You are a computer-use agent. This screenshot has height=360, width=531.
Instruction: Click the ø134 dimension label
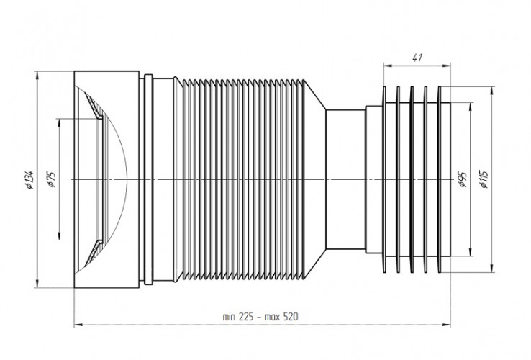29,179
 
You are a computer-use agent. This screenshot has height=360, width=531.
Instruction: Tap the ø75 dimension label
51,179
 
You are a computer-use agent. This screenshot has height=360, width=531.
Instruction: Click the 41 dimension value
417,58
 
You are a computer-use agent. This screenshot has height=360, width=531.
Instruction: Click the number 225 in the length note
246,317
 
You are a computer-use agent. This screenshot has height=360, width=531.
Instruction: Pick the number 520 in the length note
291,317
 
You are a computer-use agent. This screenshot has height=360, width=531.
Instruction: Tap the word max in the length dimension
273,318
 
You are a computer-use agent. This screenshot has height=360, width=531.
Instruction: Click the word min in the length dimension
230,318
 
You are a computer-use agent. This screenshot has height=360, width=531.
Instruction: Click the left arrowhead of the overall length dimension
78,325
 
